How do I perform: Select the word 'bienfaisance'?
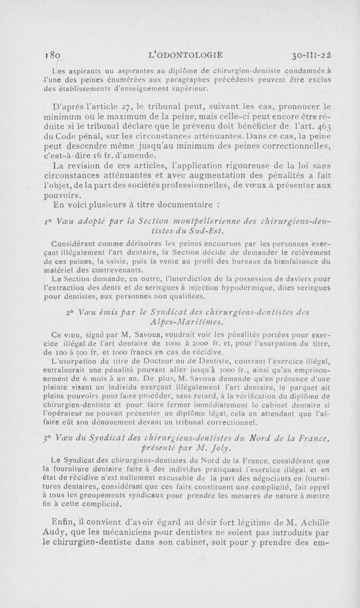tap(315, 262)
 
